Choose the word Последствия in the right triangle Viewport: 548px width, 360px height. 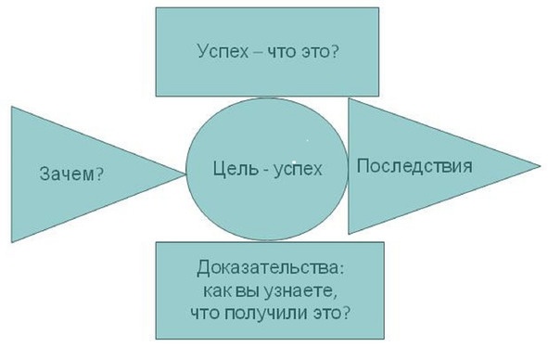pos(414,166)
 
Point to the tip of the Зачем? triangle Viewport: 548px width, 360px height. pos(185,170)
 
